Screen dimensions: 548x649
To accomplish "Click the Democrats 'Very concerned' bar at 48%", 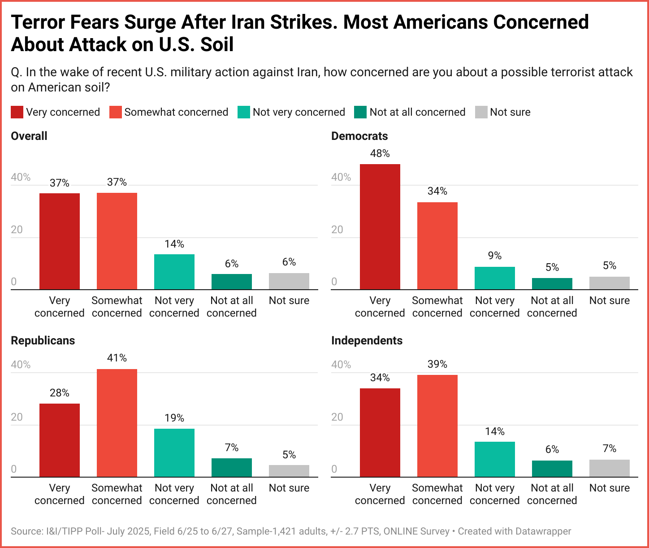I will [x=380, y=226].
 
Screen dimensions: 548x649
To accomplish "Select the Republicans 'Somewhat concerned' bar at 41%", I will [x=117, y=423].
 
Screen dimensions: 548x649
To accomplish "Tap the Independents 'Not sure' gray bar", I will [x=609, y=468].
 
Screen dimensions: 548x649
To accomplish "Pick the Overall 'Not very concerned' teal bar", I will [x=174, y=272].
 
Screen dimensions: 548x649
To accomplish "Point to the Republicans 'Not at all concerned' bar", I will [x=232, y=468].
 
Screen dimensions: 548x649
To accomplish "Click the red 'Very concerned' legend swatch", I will [x=17, y=112].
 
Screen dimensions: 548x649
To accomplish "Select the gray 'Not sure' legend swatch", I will [x=481, y=112].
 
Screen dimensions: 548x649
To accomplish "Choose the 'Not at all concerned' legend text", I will [x=417, y=112].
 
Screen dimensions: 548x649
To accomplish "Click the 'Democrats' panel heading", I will [x=359, y=136].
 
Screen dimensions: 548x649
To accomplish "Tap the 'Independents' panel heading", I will [x=367, y=341].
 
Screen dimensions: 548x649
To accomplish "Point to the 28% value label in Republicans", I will [x=60, y=393].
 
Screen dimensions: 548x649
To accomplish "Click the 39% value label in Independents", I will [x=437, y=364].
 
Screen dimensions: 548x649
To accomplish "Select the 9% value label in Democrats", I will [x=495, y=256].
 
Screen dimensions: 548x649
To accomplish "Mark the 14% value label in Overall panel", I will [x=174, y=244].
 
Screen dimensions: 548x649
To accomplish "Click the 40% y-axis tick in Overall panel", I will [x=21, y=177].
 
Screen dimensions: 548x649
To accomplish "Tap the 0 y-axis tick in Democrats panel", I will [x=334, y=282].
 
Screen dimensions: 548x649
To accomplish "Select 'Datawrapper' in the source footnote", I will [x=543, y=531].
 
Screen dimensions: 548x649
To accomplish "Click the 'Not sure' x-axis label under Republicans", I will [x=289, y=488].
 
